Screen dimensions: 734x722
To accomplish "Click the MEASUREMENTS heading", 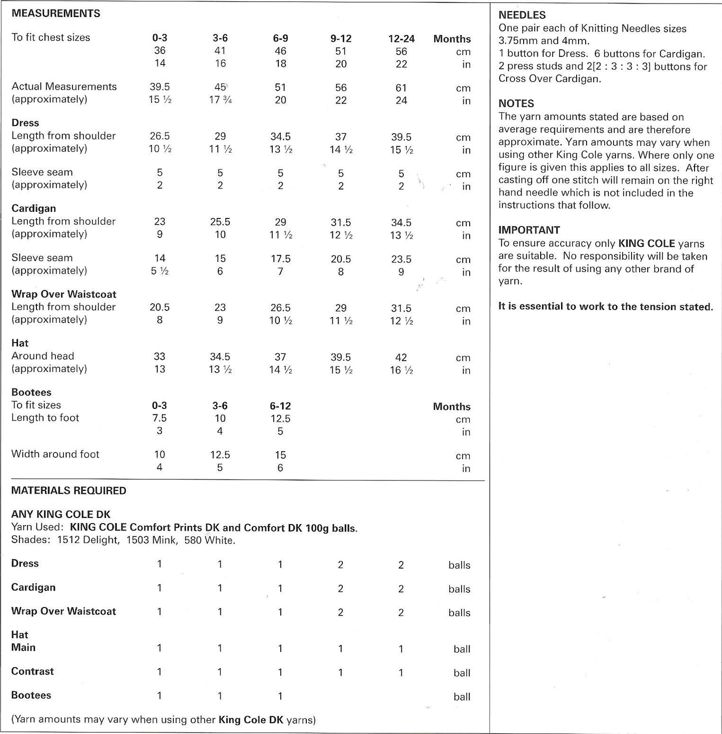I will (x=55, y=13).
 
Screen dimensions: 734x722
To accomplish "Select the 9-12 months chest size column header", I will (x=341, y=38).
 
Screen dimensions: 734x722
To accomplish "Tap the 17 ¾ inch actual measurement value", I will (x=220, y=100).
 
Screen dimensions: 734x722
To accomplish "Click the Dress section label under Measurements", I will (x=25, y=123).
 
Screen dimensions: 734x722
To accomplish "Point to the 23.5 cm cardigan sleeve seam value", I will (x=401, y=259).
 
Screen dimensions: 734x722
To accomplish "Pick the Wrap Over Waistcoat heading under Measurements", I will (x=63, y=294).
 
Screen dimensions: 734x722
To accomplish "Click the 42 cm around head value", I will (x=401, y=357).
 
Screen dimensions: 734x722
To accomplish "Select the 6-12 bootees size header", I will (x=280, y=406).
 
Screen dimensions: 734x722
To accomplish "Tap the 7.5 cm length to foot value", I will (x=159, y=418).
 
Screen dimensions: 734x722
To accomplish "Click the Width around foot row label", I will (x=55, y=454).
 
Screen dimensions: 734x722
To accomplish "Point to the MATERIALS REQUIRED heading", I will (x=68, y=490).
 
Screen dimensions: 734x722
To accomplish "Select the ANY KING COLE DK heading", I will (x=60, y=514).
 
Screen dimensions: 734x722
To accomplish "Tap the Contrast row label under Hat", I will (x=32, y=671).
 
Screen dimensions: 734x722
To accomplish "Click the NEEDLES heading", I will (x=522, y=15).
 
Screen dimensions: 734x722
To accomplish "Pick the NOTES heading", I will (x=516, y=103).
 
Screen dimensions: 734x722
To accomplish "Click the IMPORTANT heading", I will (x=529, y=230).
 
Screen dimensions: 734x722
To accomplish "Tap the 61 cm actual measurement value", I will (x=401, y=88).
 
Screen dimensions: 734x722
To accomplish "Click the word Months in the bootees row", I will (x=452, y=406).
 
